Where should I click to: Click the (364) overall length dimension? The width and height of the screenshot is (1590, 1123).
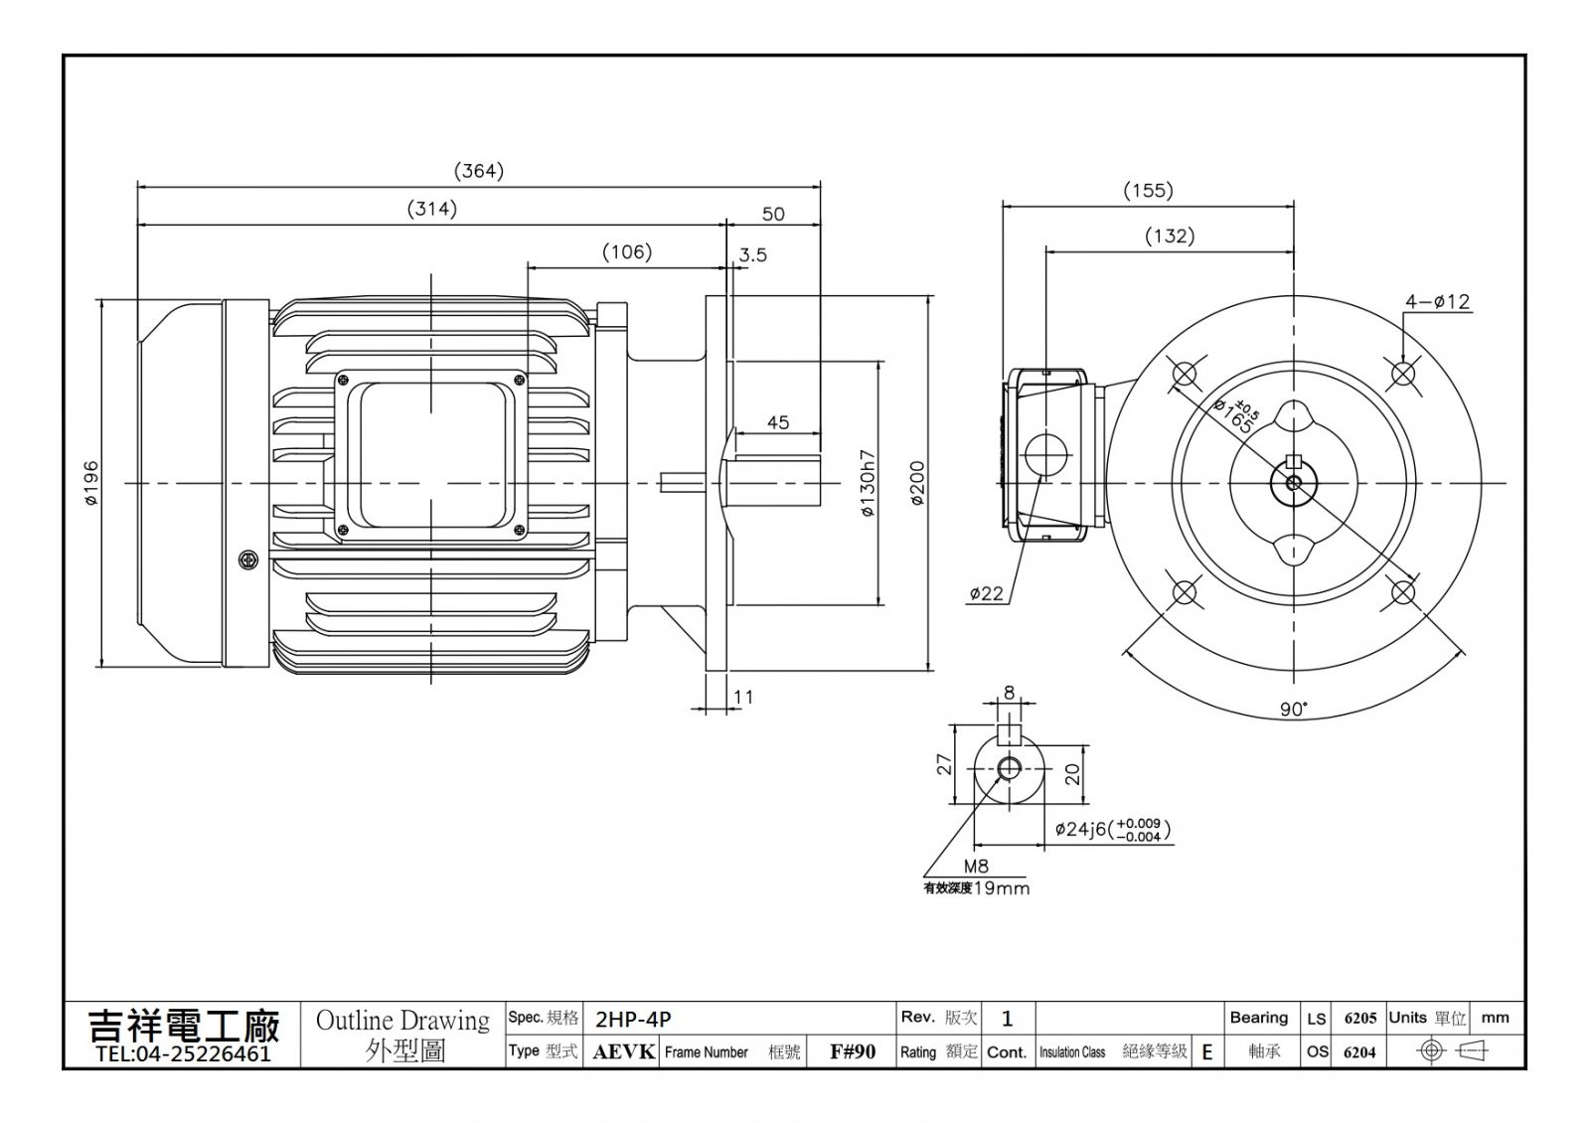click(x=478, y=171)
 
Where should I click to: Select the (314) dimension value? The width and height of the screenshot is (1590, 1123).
click(x=431, y=209)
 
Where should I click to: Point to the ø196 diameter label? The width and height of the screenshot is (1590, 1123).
click(x=91, y=483)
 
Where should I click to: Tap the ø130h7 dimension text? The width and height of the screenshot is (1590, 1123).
click(x=868, y=483)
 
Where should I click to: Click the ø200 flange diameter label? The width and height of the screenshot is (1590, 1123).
click(x=917, y=483)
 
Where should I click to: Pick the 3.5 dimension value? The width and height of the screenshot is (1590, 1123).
click(x=753, y=254)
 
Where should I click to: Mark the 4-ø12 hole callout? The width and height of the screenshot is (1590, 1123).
click(x=1437, y=302)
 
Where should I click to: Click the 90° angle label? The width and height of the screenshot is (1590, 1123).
click(x=1293, y=710)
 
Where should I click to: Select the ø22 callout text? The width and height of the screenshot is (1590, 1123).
click(x=987, y=593)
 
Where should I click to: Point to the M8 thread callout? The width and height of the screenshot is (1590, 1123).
click(x=976, y=866)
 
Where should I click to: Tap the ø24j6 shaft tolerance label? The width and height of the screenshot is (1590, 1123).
click(x=1112, y=829)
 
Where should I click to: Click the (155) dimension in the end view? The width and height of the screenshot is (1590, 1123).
click(x=1148, y=190)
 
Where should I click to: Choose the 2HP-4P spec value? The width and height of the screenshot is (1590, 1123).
click(x=632, y=1020)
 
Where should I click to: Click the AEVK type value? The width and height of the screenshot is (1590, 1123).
click(x=623, y=1052)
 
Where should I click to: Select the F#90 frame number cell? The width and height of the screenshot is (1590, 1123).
click(x=853, y=1052)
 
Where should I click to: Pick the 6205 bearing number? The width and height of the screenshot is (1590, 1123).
click(x=1360, y=1019)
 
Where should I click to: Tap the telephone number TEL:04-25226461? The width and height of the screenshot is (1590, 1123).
click(x=183, y=1053)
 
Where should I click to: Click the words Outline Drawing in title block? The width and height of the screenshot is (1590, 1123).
click(x=402, y=1021)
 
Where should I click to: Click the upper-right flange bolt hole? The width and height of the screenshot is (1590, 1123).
click(x=1403, y=373)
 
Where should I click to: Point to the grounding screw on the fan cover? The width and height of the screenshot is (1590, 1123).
click(x=248, y=561)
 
